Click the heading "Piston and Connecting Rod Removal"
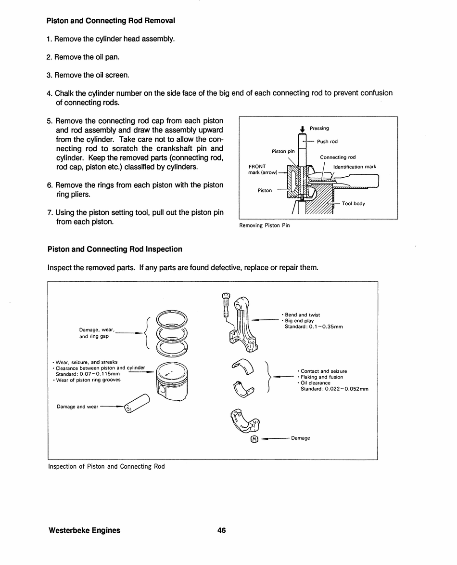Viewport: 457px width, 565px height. tap(111, 21)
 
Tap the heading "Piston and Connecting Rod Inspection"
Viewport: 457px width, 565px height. tap(115, 249)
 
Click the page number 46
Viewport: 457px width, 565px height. tap(221, 530)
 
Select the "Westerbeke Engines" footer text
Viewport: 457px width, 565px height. tap(85, 530)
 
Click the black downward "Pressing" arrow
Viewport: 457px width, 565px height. tap(302, 129)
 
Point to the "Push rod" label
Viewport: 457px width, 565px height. tap(327, 142)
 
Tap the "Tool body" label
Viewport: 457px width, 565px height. tap(353, 204)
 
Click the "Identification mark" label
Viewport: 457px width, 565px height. tap(355, 167)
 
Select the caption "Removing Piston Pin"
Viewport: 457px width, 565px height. tap(265, 225)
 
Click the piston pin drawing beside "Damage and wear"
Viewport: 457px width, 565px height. tap(137, 403)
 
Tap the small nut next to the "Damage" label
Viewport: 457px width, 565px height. tap(254, 439)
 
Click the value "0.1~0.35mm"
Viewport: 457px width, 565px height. tap(326, 327)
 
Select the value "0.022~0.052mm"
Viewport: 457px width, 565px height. tap(346, 389)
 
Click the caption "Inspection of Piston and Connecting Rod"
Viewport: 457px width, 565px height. tap(106, 466)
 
